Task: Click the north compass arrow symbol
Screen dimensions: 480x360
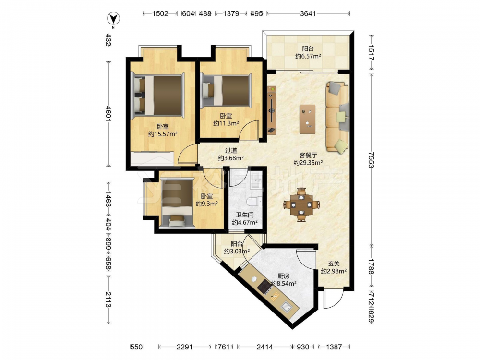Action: [x=113, y=19]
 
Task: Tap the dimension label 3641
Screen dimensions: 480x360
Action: [x=308, y=13]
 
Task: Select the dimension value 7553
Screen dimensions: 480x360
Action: [x=372, y=160]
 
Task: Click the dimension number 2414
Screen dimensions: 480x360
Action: [x=264, y=347]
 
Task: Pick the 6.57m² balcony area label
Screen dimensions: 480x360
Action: [x=308, y=56]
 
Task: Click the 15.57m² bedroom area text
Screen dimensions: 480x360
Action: [x=163, y=134]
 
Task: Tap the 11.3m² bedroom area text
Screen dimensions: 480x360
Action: [x=226, y=123]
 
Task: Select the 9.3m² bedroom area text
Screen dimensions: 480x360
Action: [x=206, y=204]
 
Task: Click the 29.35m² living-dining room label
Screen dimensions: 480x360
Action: [x=308, y=163]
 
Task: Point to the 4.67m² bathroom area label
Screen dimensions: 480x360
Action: [x=245, y=223]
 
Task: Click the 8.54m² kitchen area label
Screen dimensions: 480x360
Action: [x=284, y=284]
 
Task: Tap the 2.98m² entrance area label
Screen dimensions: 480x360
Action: [x=334, y=271]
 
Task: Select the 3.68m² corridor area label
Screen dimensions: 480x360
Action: [x=231, y=158]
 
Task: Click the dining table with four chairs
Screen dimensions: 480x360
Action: [x=301, y=204]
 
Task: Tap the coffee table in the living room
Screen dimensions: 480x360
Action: [x=307, y=119]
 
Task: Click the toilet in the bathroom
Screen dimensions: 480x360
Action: [x=254, y=202]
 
